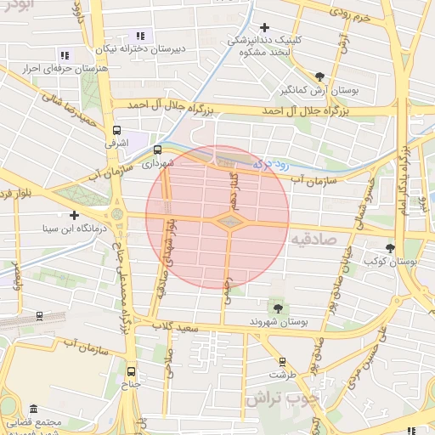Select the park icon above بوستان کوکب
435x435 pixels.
pyautogui.click(x=390, y=249)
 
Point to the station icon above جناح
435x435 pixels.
pyautogui.click(x=130, y=371)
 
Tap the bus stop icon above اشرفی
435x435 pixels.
pyautogui.click(x=116, y=130)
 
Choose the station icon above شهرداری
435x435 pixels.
pyautogui.click(x=157, y=150)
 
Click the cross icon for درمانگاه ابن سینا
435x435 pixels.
pyautogui.click(x=74, y=216)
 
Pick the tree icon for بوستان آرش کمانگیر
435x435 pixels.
pyautogui.click(x=319, y=76)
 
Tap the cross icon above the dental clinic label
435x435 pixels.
pyautogui.click(x=264, y=28)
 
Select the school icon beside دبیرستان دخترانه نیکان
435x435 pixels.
pyautogui.click(x=140, y=37)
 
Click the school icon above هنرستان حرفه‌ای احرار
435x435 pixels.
pyautogui.click(x=65, y=56)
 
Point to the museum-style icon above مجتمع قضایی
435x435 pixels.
pyautogui.click(x=33, y=409)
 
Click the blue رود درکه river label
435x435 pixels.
pyautogui.click(x=274, y=161)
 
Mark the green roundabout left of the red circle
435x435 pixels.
pyautogui.click(x=116, y=214)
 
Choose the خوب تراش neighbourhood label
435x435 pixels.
pyautogui.click(x=280, y=397)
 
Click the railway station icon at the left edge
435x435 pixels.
pyautogui.click(x=38, y=316)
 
